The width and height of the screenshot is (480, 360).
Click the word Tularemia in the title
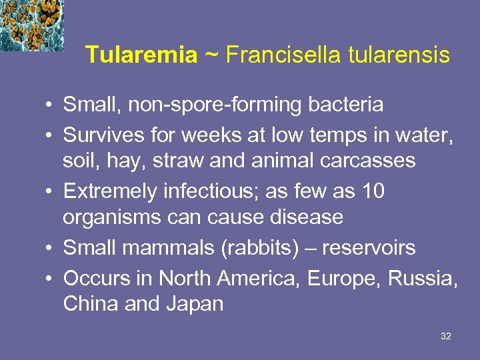click(141, 55)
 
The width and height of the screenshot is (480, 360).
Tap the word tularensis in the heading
click(399, 55)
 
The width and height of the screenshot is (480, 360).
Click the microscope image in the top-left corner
click(32, 25)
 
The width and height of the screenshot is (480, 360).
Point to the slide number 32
click(446, 337)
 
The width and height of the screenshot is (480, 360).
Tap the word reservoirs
click(369, 248)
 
